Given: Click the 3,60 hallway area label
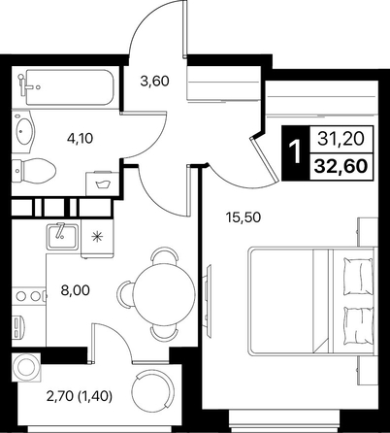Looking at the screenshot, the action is click(x=154, y=81).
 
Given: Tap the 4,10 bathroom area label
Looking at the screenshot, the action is click(x=80, y=139).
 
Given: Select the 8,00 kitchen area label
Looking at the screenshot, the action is click(x=76, y=290).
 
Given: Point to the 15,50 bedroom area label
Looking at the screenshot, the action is click(x=244, y=217).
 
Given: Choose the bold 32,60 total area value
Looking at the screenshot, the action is click(x=341, y=166).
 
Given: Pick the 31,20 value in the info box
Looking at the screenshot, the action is click(x=341, y=139).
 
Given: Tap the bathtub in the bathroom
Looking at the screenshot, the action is click(x=70, y=87).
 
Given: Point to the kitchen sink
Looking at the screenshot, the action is click(x=63, y=237).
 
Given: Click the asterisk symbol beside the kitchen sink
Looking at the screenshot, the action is click(x=97, y=237).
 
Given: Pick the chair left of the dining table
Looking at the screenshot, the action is click(x=125, y=293).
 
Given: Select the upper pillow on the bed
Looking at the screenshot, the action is click(x=358, y=276).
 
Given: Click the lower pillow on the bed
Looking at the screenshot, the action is click(x=358, y=326).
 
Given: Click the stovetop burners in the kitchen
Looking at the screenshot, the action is click(x=28, y=295).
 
